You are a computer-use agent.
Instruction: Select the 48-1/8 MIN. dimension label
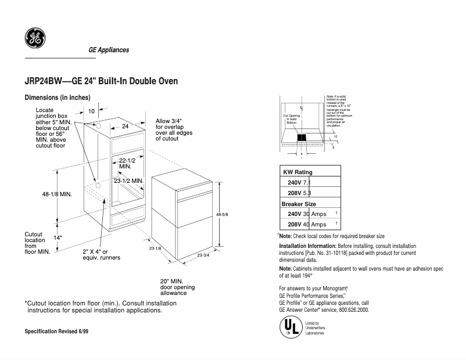click(56, 194)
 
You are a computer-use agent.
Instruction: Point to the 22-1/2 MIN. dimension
click(127, 163)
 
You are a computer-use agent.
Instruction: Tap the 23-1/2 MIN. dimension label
click(128, 181)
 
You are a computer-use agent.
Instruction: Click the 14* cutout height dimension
click(58, 237)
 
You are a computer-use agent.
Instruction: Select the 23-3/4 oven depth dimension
click(204, 255)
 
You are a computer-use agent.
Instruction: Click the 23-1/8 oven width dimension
click(155, 249)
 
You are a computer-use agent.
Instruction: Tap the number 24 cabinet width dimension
click(124, 126)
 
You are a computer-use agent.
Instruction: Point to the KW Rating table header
click(297, 172)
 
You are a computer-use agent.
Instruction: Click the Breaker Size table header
click(299, 204)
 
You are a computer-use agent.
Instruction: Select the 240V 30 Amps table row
click(308, 214)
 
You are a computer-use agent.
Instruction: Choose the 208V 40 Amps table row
click(308, 225)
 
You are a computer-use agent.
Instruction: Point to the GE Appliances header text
click(109, 50)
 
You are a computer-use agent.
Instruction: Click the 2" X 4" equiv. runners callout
click(101, 254)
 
